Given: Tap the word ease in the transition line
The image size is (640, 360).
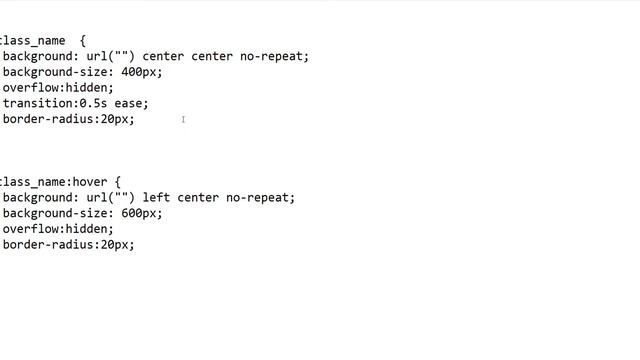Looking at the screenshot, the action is coord(128,104).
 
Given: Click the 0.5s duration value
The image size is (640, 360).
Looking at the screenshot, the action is coord(93,104).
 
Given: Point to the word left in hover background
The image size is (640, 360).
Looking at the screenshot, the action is coord(156,198).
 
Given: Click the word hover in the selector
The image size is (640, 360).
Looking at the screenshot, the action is coord(90,182).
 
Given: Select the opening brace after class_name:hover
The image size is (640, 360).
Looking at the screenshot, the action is coord(118,182).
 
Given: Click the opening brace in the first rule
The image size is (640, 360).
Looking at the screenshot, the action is coord(83,41).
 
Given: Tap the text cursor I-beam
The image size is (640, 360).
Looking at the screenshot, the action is coord(183,120).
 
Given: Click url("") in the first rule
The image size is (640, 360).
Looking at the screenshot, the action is coord(111,56).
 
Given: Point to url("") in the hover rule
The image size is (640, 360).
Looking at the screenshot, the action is coord(111,198).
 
